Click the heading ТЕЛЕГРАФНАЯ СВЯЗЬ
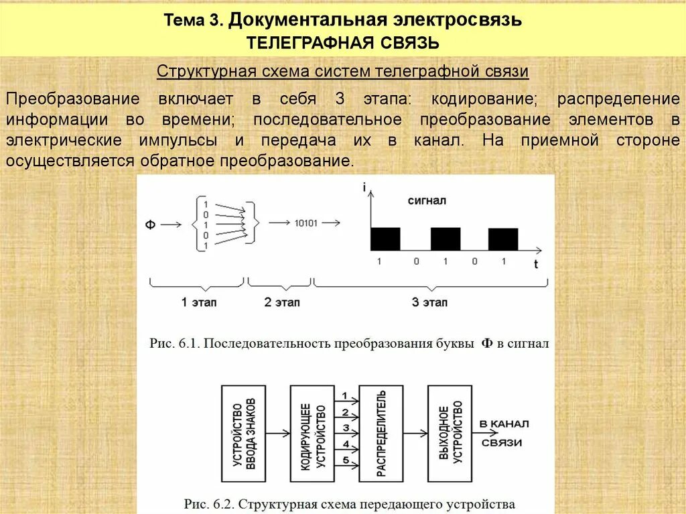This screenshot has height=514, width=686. [343, 44]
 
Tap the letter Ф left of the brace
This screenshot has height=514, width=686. [150, 226]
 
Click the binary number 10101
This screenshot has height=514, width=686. [306, 223]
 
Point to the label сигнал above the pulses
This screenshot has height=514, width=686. [427, 200]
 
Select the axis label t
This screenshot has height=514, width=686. [535, 265]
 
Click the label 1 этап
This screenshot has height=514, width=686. [199, 302]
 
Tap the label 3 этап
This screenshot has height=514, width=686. [429, 302]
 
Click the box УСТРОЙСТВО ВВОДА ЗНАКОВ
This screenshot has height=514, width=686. [243, 434]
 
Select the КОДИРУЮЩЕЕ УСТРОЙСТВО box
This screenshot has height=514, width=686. [312, 434]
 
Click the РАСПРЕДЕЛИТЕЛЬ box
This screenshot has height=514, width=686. [380, 434]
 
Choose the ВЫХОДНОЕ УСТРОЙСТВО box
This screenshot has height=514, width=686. [450, 434]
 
